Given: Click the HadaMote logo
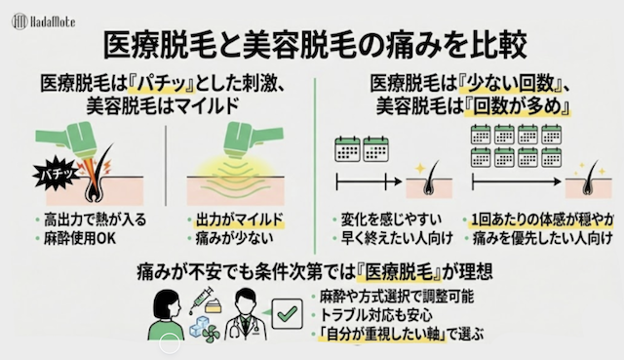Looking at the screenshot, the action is coord(43,21).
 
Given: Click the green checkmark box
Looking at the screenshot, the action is coord(287,314).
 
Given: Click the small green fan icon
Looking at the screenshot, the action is coord(211,334).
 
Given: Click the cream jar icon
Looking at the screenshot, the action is coord(214,306).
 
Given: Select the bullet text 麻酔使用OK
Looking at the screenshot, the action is coord(80,239).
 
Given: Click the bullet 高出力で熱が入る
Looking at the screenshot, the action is coord(95,220).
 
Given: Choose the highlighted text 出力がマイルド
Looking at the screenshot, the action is coord(239,220).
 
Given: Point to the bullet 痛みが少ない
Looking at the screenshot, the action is coord(234,239).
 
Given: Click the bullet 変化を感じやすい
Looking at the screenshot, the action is coord(391,220).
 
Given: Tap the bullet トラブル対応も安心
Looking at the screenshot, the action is coord(375,315).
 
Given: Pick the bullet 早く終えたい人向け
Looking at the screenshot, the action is coord(397,239).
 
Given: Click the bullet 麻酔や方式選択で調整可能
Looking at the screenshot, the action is coord(397,297).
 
